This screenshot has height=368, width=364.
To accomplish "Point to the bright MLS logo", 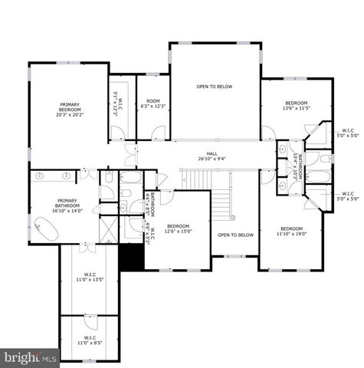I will [x=31, y=357].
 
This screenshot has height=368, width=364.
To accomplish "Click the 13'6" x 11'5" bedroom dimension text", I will [x=296, y=109].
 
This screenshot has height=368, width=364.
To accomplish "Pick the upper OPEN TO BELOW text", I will [x=214, y=87].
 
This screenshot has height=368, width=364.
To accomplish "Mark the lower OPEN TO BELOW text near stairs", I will [x=235, y=235].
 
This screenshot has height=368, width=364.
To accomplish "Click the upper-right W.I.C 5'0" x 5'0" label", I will [x=347, y=132].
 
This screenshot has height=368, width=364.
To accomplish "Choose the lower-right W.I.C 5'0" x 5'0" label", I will [x=347, y=197].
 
